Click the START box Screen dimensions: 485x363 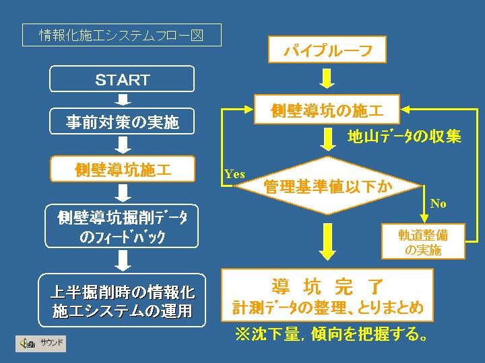click(x=122, y=79)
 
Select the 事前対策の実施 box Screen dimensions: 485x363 click(x=122, y=121)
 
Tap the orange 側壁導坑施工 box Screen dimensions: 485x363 click(x=123, y=169)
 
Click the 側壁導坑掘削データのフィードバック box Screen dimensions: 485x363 click(x=121, y=226)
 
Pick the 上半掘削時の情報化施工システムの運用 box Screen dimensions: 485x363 click(x=122, y=300)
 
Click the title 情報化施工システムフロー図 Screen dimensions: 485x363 click(x=122, y=35)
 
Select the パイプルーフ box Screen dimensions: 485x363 click(x=327, y=49)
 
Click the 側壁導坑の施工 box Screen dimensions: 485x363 click(x=327, y=110)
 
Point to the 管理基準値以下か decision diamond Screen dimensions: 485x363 click(x=327, y=186)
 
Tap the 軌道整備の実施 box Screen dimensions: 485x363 click(x=423, y=241)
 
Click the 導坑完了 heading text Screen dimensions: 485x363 click(x=327, y=286)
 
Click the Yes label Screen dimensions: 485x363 click(x=235, y=174)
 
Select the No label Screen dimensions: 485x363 click(x=438, y=204)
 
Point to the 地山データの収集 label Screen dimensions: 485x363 click(x=405, y=136)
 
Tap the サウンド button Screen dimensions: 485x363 click(x=41, y=344)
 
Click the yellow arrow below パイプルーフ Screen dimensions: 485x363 click(x=327, y=79)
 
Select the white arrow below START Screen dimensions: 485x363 click(x=123, y=99)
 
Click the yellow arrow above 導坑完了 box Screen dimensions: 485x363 click(x=327, y=242)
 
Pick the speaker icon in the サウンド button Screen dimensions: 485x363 click(x=27, y=344)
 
